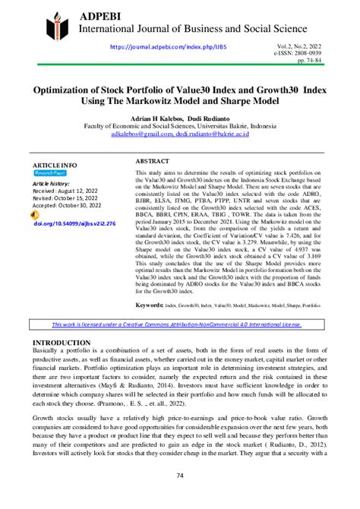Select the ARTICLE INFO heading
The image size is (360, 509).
(x=54, y=165)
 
